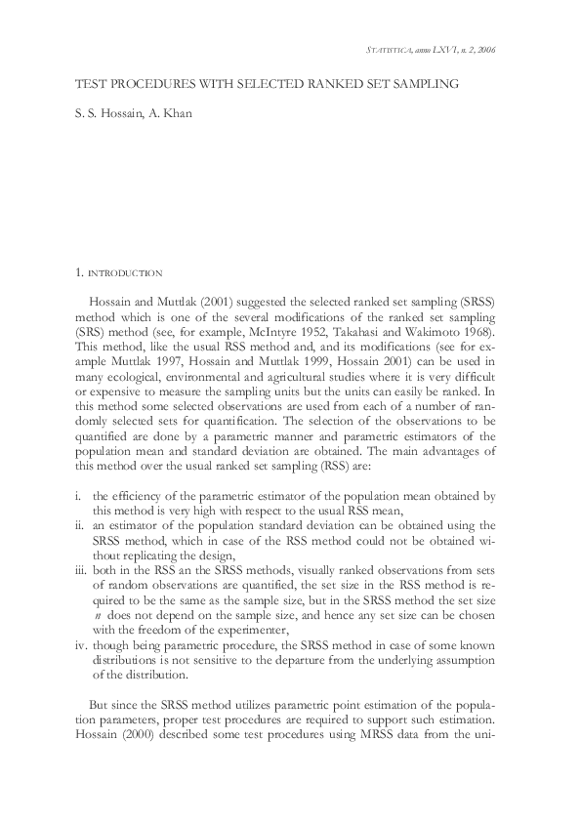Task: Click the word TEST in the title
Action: pyautogui.click(x=89, y=86)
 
